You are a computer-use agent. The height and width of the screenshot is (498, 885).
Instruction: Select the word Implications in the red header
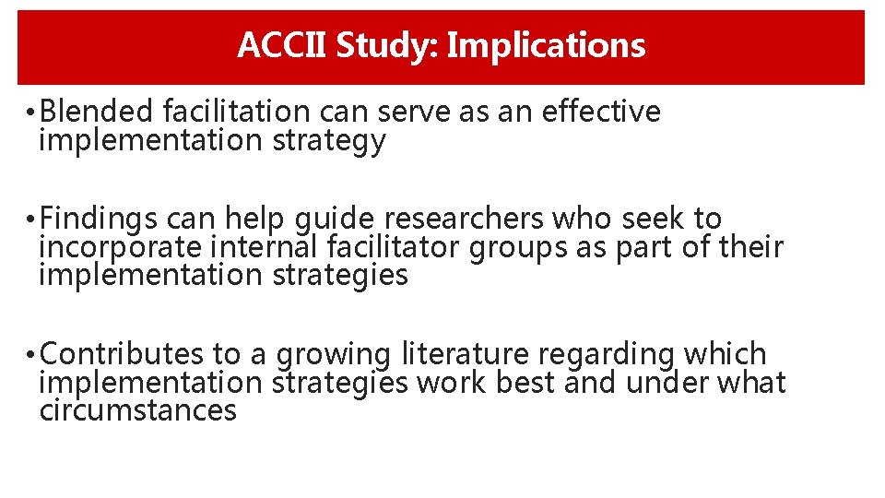pos(546,45)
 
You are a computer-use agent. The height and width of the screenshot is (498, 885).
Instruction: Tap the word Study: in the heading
pos(388,45)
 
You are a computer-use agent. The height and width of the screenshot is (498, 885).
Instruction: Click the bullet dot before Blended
pos(30,113)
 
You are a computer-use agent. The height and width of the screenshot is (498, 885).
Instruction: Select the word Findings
pos(100,219)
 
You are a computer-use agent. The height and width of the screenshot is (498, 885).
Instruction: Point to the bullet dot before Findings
pos(30,220)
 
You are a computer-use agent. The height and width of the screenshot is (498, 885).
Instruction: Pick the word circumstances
pos(138,409)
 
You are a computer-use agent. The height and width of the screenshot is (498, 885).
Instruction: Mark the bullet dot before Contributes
pos(30,355)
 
